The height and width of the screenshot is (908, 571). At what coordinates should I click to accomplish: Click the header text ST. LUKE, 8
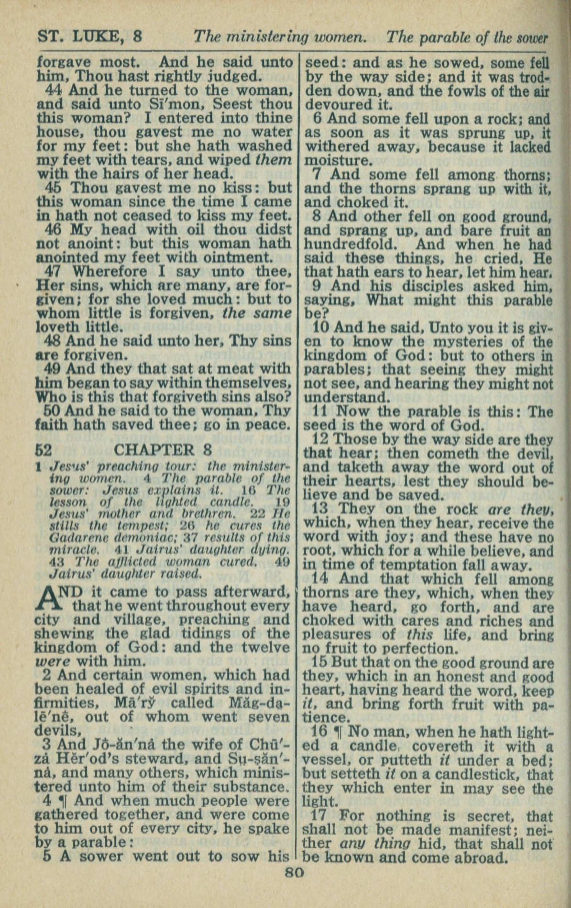[89, 37]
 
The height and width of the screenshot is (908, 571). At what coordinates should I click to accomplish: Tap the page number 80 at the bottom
[294, 872]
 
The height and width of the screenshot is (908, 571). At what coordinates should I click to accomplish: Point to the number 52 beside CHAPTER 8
[44, 450]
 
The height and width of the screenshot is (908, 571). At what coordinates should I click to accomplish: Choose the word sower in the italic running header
[531, 38]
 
